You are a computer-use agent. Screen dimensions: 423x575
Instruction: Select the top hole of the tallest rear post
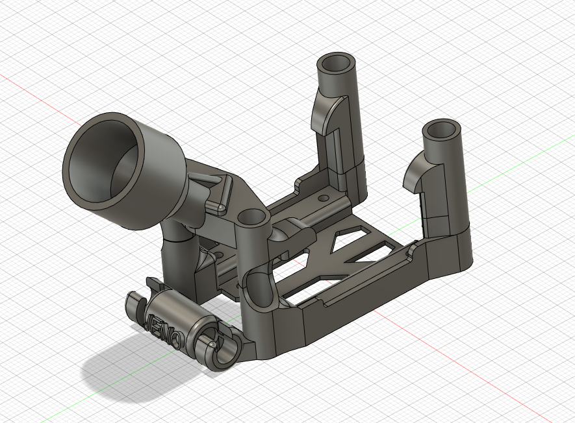pyautogui.click(x=336, y=64)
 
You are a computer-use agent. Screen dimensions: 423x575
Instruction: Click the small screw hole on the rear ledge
pyautogui.click(x=323, y=196)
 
